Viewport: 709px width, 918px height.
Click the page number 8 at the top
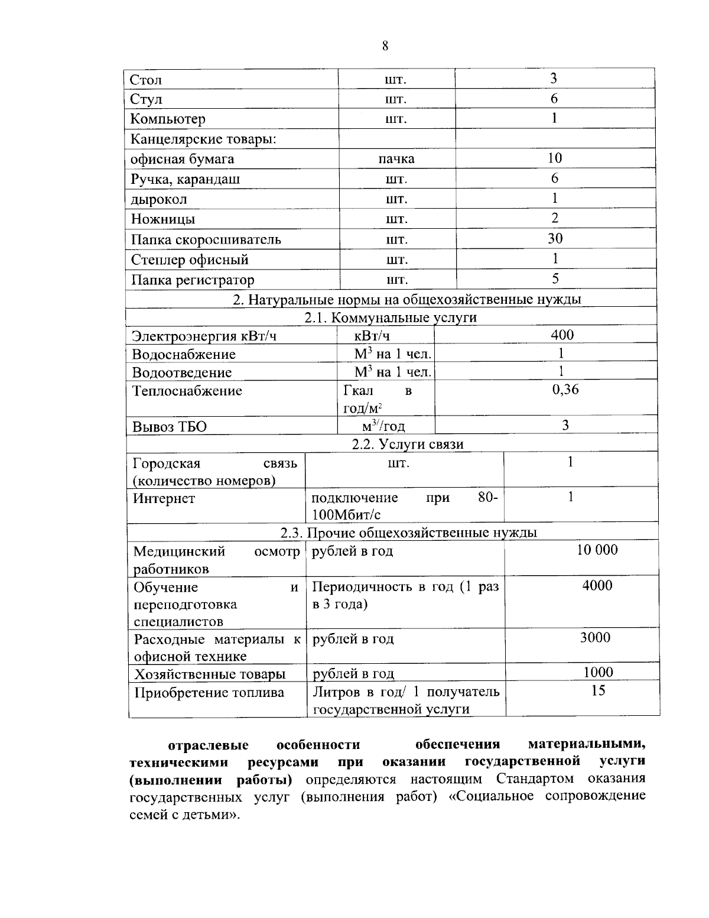(x=385, y=46)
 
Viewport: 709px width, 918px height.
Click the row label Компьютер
(x=168, y=119)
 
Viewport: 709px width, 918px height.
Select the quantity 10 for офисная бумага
(x=555, y=158)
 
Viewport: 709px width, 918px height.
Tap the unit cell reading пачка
(x=396, y=159)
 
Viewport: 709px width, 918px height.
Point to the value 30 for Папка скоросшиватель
(x=555, y=239)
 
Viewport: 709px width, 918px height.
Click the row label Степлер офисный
(x=190, y=260)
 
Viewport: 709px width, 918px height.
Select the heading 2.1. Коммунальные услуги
(x=391, y=317)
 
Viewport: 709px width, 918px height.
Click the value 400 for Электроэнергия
(x=562, y=336)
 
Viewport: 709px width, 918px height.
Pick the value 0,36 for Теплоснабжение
(x=565, y=390)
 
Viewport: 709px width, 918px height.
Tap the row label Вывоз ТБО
(x=170, y=426)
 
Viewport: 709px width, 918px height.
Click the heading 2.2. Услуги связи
(x=408, y=445)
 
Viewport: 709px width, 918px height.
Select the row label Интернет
(x=164, y=499)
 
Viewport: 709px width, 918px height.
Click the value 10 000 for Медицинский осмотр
(x=597, y=550)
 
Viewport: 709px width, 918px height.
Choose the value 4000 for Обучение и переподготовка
(x=597, y=586)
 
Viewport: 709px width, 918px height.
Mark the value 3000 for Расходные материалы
(x=595, y=638)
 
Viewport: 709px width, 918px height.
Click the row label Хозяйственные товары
(x=210, y=674)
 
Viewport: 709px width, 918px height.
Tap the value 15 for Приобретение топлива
(x=598, y=690)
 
